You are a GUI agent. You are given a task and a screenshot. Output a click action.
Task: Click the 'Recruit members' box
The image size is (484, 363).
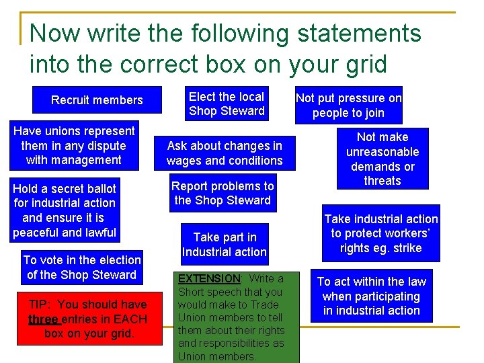coord(97,100)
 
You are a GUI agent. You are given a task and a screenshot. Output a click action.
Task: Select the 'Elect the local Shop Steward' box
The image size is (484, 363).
coord(227,104)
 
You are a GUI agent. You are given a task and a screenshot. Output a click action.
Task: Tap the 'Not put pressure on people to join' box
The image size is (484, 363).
coord(348,106)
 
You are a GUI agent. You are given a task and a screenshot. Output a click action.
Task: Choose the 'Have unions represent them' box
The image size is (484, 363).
coord(74,145)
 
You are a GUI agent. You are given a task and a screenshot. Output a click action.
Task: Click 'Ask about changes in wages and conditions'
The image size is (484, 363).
coord(225,153)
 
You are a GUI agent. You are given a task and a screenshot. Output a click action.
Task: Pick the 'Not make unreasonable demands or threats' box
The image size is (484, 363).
coord(382,159)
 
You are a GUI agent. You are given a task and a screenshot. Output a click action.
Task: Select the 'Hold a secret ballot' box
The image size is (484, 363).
coord(65,210)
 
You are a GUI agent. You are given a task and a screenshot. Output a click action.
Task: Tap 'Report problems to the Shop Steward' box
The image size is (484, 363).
coord(223,193)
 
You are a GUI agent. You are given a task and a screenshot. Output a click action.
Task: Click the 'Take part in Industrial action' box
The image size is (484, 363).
coord(225,244)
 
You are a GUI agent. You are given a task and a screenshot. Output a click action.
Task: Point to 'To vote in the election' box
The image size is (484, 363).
coord(82,267)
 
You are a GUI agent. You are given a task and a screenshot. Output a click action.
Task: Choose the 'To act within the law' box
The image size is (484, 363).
coord(371,296)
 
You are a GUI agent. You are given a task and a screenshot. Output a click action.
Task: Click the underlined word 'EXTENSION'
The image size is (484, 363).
coord(209,278)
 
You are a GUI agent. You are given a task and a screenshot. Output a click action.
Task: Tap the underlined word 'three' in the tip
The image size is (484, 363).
coord(43,319)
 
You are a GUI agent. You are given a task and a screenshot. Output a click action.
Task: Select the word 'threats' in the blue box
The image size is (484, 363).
coord(382,181)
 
